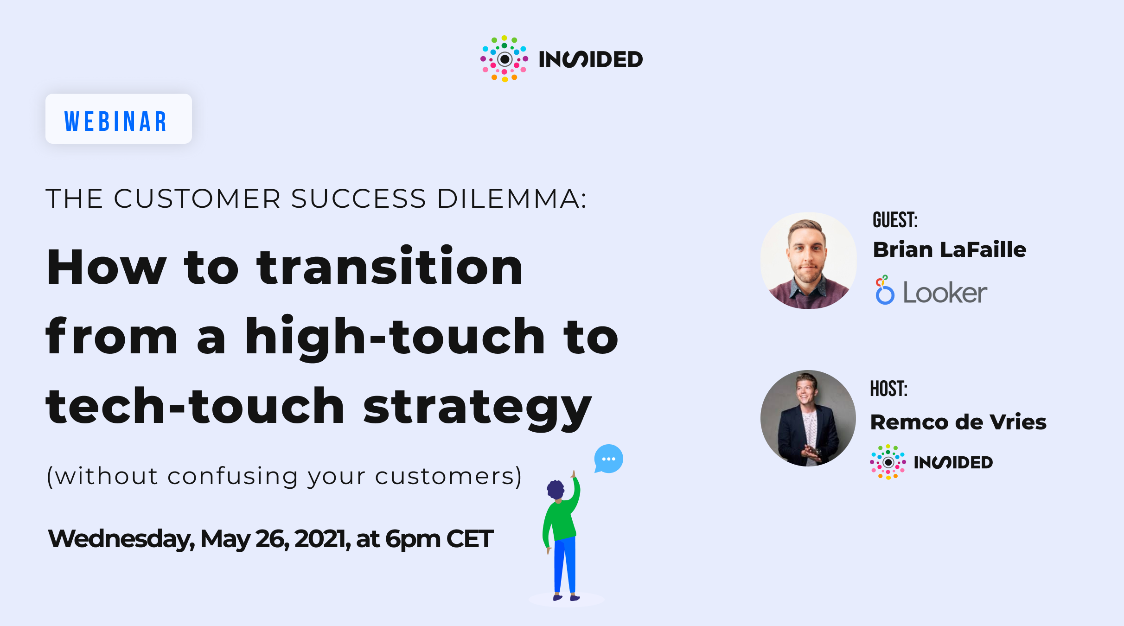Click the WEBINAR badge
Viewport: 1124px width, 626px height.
tap(118, 119)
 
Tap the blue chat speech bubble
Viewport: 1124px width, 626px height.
tap(608, 459)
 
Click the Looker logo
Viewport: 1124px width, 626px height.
tap(931, 291)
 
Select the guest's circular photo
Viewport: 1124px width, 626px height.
tap(808, 261)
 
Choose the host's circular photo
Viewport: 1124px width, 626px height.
tap(808, 418)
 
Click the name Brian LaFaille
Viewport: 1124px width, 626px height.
tap(949, 249)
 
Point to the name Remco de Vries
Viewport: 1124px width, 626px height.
tap(958, 422)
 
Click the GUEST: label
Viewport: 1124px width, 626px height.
tap(895, 220)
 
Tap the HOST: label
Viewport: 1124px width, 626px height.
tap(888, 389)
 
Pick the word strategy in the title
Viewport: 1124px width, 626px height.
tap(478, 407)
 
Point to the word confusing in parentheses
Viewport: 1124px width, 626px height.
tap(232, 477)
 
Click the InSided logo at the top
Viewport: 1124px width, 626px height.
tap(561, 59)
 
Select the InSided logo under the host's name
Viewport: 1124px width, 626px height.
tap(931, 462)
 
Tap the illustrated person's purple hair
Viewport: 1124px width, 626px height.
tap(555, 489)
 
